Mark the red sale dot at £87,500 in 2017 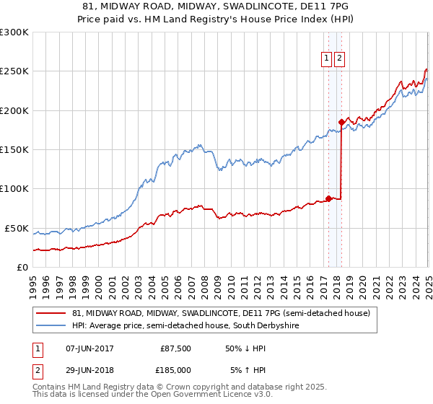328,198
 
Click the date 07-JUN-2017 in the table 89,348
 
